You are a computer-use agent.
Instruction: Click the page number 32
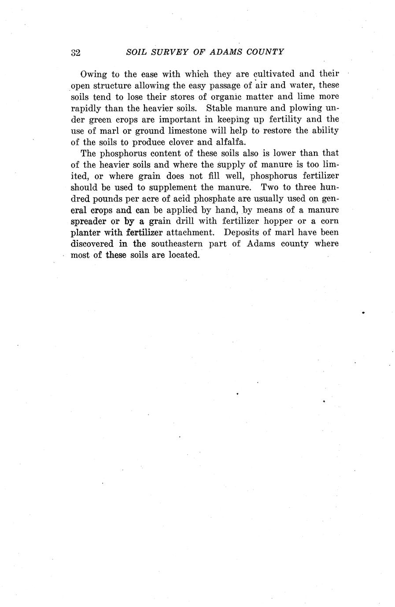pos(75,52)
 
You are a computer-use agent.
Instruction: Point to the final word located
pos(184,255)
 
